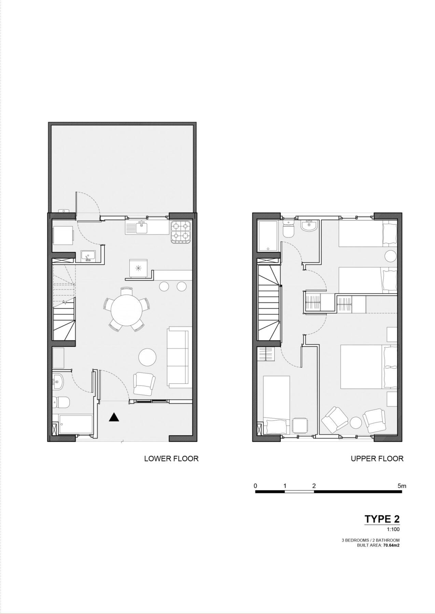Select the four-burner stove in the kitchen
tap(181, 232)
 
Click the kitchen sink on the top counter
tap(141, 227)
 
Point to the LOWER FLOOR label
tap(171, 458)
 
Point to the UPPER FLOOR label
tap(377, 458)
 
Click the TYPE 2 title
tap(382, 519)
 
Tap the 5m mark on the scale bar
tap(402, 486)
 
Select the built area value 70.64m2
tap(390, 545)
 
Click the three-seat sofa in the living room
tap(178, 357)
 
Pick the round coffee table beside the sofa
tap(148, 357)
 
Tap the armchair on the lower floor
tap(144, 383)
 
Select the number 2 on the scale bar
tap(314, 486)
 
